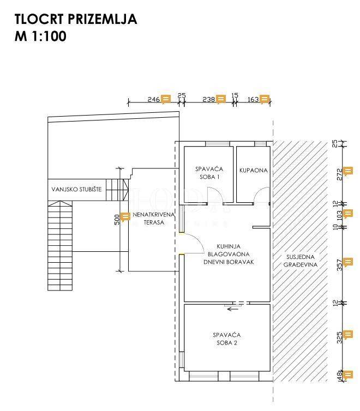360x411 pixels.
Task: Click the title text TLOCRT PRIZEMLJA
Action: pyautogui.click(x=76, y=20)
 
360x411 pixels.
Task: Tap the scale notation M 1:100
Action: pyautogui.click(x=40, y=38)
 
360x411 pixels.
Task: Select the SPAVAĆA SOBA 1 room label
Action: pyautogui.click(x=207, y=173)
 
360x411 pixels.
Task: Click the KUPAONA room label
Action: pyautogui.click(x=254, y=170)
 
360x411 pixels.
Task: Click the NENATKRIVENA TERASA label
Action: pyautogui.click(x=154, y=219)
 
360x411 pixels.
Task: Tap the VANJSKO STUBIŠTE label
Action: pyautogui.click(x=79, y=190)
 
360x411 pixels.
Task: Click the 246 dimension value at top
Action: pyautogui.click(x=153, y=99)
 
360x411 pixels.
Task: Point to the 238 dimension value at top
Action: pyautogui.click(x=208, y=99)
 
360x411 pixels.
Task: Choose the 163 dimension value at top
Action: pyautogui.click(x=253, y=99)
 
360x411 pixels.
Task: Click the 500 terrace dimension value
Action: pyautogui.click(x=116, y=220)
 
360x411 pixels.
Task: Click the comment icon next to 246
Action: pyautogui.click(x=166, y=99)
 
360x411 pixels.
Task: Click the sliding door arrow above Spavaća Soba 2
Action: pyautogui.click(x=233, y=309)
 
